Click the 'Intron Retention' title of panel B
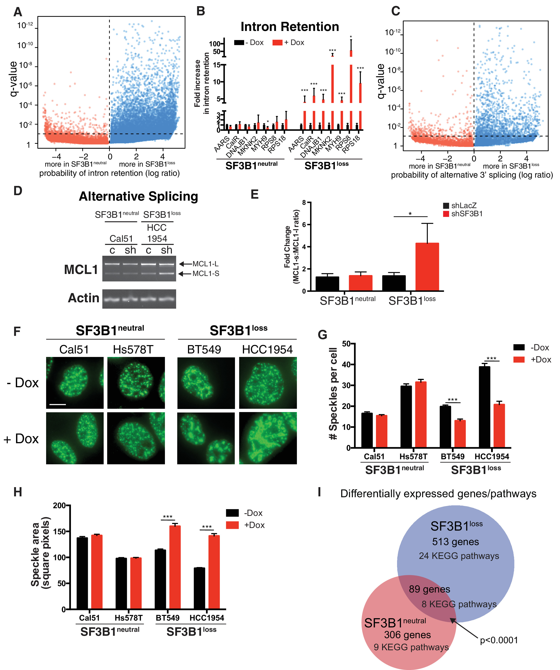point(289,27)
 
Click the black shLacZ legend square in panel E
point(446,206)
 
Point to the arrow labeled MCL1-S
point(185,274)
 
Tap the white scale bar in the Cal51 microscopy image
point(58,405)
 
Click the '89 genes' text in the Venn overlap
point(430,589)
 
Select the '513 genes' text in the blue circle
point(455,542)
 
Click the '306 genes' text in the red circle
point(407,635)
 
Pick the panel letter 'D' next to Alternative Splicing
point(18,191)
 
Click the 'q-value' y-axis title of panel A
point(13,79)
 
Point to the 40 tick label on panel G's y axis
point(346,364)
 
